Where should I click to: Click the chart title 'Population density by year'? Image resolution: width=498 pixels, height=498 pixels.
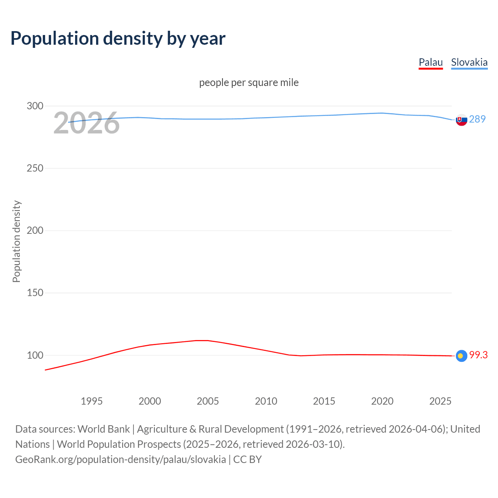(118, 39)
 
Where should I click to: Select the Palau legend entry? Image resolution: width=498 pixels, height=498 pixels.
(431, 62)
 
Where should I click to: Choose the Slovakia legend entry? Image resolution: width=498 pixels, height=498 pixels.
(469, 62)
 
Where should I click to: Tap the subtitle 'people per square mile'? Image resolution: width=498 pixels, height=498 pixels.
(249, 82)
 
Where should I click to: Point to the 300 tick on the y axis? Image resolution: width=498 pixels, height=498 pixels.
(35, 106)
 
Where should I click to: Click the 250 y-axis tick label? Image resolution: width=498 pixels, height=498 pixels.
(35, 168)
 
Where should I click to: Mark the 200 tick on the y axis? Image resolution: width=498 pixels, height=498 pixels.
(35, 230)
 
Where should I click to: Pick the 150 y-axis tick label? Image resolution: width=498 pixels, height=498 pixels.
(35, 293)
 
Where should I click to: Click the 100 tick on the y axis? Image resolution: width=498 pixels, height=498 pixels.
(35, 355)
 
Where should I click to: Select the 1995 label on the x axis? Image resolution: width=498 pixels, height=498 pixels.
(92, 401)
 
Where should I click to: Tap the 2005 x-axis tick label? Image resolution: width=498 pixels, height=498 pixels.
(208, 401)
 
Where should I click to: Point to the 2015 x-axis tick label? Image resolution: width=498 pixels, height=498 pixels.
(324, 401)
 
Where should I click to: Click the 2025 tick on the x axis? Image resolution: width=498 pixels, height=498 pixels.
(440, 401)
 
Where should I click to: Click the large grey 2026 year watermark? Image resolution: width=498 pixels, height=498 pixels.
(86, 123)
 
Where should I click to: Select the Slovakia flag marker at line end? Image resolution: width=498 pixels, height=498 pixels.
(461, 120)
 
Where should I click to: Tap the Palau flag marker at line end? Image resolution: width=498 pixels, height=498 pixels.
(461, 356)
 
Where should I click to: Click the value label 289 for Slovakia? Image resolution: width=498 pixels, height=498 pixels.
(477, 119)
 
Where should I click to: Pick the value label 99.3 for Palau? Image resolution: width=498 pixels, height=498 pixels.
(478, 355)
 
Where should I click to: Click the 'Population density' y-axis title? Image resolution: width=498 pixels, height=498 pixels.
(16, 241)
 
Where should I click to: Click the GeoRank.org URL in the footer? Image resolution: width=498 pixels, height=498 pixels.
(121, 459)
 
